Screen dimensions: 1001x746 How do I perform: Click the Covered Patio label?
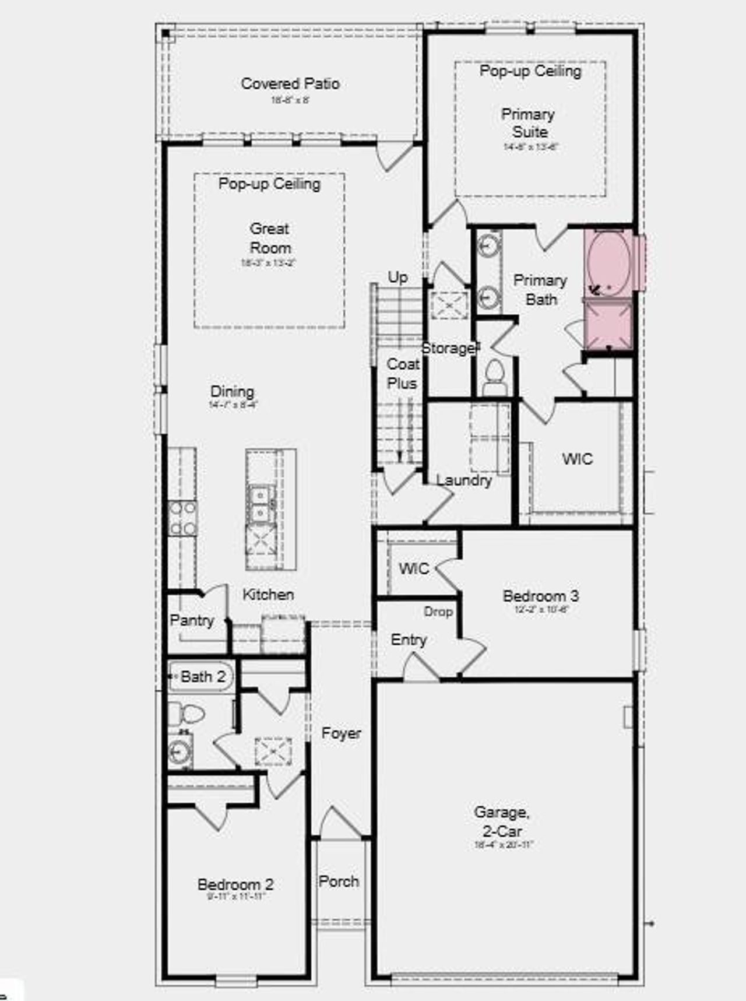click(290, 84)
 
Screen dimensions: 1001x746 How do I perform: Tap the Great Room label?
click(270, 238)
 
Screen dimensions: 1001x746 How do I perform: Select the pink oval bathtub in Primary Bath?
click(608, 264)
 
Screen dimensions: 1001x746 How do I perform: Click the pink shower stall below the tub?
click(608, 325)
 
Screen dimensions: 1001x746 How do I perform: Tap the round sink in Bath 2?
click(180, 752)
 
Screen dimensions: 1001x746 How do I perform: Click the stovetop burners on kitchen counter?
click(182, 518)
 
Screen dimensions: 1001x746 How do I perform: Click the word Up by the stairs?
click(397, 278)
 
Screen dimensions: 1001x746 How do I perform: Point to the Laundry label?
click(464, 480)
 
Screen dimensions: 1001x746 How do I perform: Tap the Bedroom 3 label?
click(540, 596)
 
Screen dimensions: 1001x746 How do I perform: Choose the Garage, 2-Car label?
click(501, 821)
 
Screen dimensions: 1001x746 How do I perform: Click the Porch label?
click(339, 881)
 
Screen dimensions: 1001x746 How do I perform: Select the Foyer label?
click(341, 733)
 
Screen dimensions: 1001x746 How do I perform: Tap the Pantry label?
click(192, 620)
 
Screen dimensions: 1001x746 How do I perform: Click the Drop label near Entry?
click(438, 612)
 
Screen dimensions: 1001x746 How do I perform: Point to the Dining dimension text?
click(233, 405)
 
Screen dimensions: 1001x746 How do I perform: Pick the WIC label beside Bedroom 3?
click(414, 568)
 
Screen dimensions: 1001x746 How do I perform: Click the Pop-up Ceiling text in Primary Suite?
click(530, 71)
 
